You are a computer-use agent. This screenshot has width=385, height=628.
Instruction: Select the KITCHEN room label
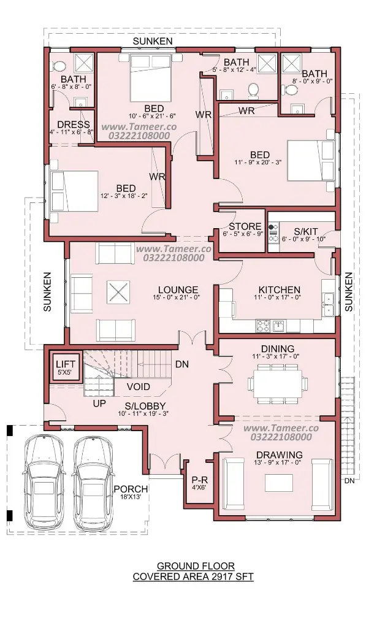(x=280, y=289)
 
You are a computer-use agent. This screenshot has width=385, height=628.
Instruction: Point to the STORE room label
(x=245, y=227)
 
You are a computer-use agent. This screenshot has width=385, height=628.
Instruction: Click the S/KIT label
(x=305, y=231)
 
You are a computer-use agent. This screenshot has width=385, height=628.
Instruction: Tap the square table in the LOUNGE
(x=118, y=293)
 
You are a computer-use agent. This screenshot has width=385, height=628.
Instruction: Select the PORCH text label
(x=131, y=489)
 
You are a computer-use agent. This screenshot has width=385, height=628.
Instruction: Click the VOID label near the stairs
(x=139, y=387)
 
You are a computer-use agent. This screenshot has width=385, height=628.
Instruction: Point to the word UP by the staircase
(x=99, y=404)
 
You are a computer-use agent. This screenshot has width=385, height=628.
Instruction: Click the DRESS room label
(x=73, y=124)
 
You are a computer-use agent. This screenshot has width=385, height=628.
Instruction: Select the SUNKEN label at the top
(x=153, y=41)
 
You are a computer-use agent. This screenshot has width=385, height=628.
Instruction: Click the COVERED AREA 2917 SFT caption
(x=193, y=576)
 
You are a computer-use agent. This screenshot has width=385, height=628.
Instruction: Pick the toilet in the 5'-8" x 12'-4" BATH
(x=253, y=90)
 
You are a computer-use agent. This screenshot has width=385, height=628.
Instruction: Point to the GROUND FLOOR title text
(x=196, y=566)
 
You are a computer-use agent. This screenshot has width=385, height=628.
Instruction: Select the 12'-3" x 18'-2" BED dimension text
(x=124, y=196)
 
